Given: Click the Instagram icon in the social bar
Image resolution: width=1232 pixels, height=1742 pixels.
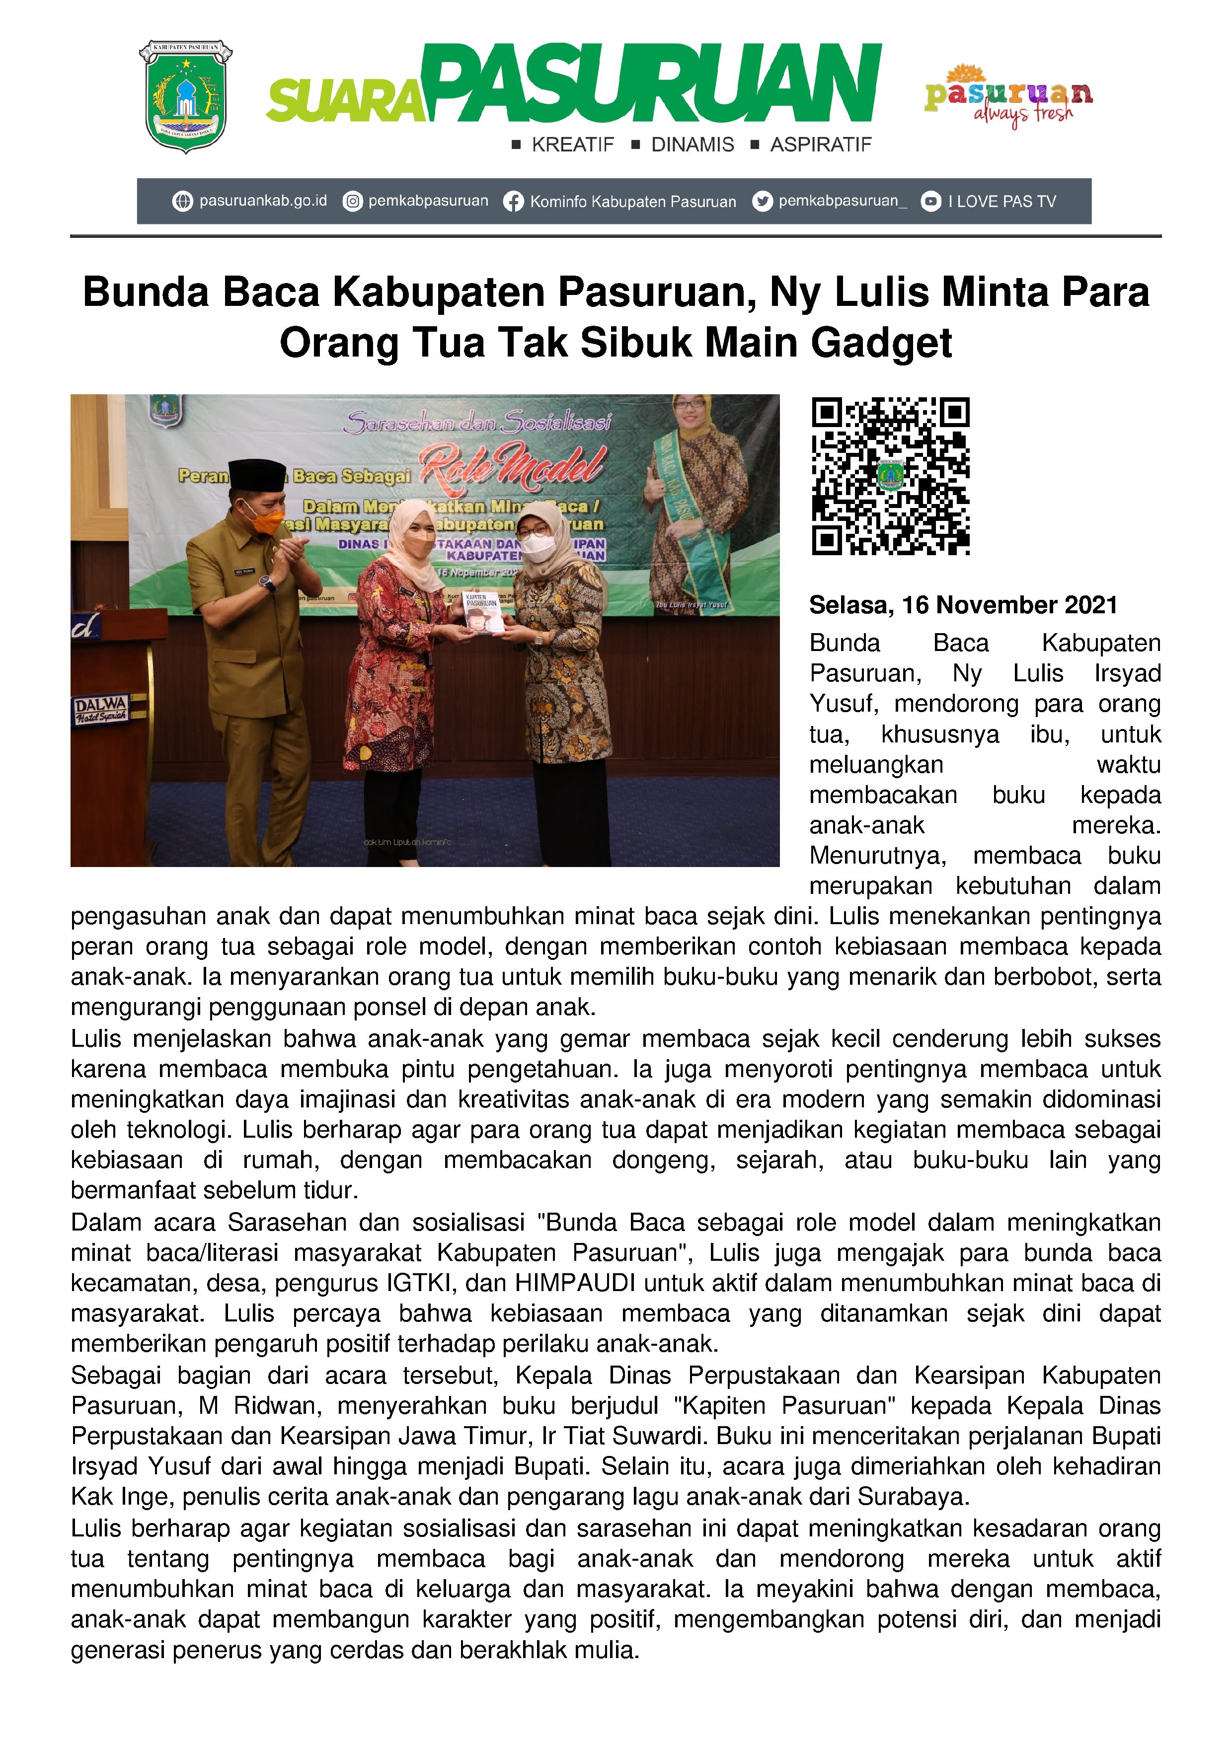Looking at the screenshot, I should coord(352,202).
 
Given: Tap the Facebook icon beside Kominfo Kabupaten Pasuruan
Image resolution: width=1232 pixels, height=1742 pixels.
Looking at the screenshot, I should coord(513,202).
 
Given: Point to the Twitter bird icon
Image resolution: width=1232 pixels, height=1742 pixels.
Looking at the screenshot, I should coord(762,202).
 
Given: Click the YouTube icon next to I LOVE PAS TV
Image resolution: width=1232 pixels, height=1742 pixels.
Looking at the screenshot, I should coord(930,202).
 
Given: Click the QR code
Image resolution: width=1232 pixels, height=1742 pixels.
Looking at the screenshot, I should coord(890,476).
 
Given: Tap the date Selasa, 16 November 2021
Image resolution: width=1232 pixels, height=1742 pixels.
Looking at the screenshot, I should coord(963,605).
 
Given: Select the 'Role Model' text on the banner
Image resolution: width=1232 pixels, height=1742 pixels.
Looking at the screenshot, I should coord(513,464).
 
